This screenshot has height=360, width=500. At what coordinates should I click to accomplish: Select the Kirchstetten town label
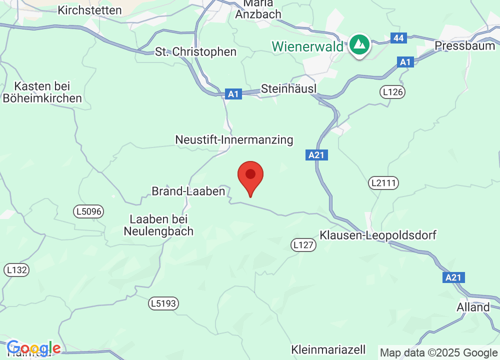click(x=89, y=10)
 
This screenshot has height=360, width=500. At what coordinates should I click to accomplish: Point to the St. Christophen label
click(x=195, y=52)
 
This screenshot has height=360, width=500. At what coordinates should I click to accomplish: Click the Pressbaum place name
click(x=463, y=45)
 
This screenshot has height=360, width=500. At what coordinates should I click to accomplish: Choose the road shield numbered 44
click(x=398, y=37)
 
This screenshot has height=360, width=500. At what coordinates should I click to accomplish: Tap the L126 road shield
click(x=392, y=91)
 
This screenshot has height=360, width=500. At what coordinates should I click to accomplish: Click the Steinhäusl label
click(x=289, y=89)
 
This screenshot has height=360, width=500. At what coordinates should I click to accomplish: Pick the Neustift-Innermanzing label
click(x=234, y=139)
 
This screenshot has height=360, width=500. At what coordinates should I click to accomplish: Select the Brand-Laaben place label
click(x=188, y=191)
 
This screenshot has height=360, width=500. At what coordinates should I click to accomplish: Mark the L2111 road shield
click(x=384, y=183)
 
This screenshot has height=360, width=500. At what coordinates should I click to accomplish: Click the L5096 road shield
click(x=89, y=211)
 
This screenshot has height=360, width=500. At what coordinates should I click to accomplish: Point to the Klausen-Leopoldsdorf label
click(x=378, y=235)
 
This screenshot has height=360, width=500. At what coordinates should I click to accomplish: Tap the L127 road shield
click(x=303, y=244)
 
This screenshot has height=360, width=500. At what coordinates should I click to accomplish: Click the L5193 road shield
click(x=164, y=303)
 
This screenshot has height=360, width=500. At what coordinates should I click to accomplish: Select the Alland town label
click(x=473, y=307)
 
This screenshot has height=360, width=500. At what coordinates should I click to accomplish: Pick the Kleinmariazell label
click(x=328, y=349)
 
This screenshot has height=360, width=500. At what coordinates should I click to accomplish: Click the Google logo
click(x=33, y=348)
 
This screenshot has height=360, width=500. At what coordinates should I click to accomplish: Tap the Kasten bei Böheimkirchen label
click(x=42, y=92)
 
